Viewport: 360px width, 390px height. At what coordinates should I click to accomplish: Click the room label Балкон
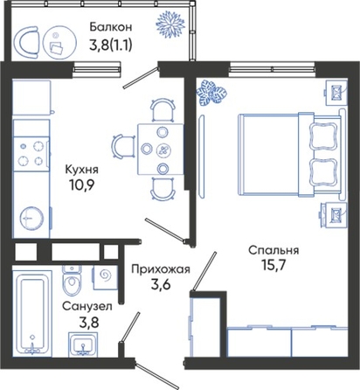[x=111, y=27]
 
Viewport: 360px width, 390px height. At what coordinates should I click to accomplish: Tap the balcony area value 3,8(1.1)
[x=111, y=45]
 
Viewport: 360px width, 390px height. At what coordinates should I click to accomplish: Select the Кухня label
[x=82, y=170]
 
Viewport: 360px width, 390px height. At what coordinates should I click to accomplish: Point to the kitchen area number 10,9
[x=82, y=185]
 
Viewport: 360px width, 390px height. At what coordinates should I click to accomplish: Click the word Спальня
[x=273, y=251]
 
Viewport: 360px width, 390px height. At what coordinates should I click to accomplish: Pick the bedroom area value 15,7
[x=273, y=265]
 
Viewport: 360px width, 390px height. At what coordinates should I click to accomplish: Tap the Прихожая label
[x=161, y=269]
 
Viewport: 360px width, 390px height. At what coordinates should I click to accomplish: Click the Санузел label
[x=87, y=307]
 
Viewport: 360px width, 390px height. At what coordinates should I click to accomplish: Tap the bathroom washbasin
[x=83, y=345]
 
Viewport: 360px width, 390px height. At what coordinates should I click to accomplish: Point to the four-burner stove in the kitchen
[x=31, y=154]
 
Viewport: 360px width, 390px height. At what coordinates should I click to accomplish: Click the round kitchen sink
[x=31, y=219]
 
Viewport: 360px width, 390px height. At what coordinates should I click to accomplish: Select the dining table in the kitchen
[x=161, y=150]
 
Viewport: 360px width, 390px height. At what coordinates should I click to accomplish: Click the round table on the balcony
[x=59, y=43]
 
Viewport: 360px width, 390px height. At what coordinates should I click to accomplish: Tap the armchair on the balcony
[x=27, y=43]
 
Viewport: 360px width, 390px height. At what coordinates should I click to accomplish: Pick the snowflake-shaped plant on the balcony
[x=170, y=24]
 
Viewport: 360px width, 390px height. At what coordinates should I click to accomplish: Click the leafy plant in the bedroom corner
[x=211, y=93]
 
